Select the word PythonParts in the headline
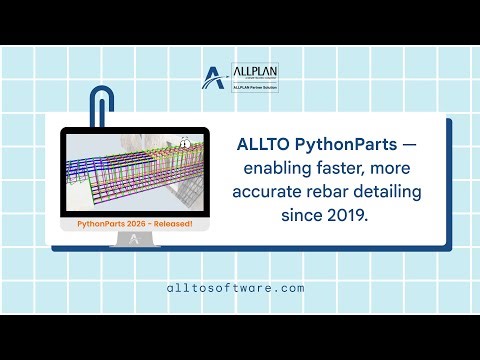pyautogui.click(x=339, y=145)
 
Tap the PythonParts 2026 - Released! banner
pyautogui.click(x=134, y=225)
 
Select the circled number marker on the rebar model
pyautogui.click(x=184, y=144)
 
